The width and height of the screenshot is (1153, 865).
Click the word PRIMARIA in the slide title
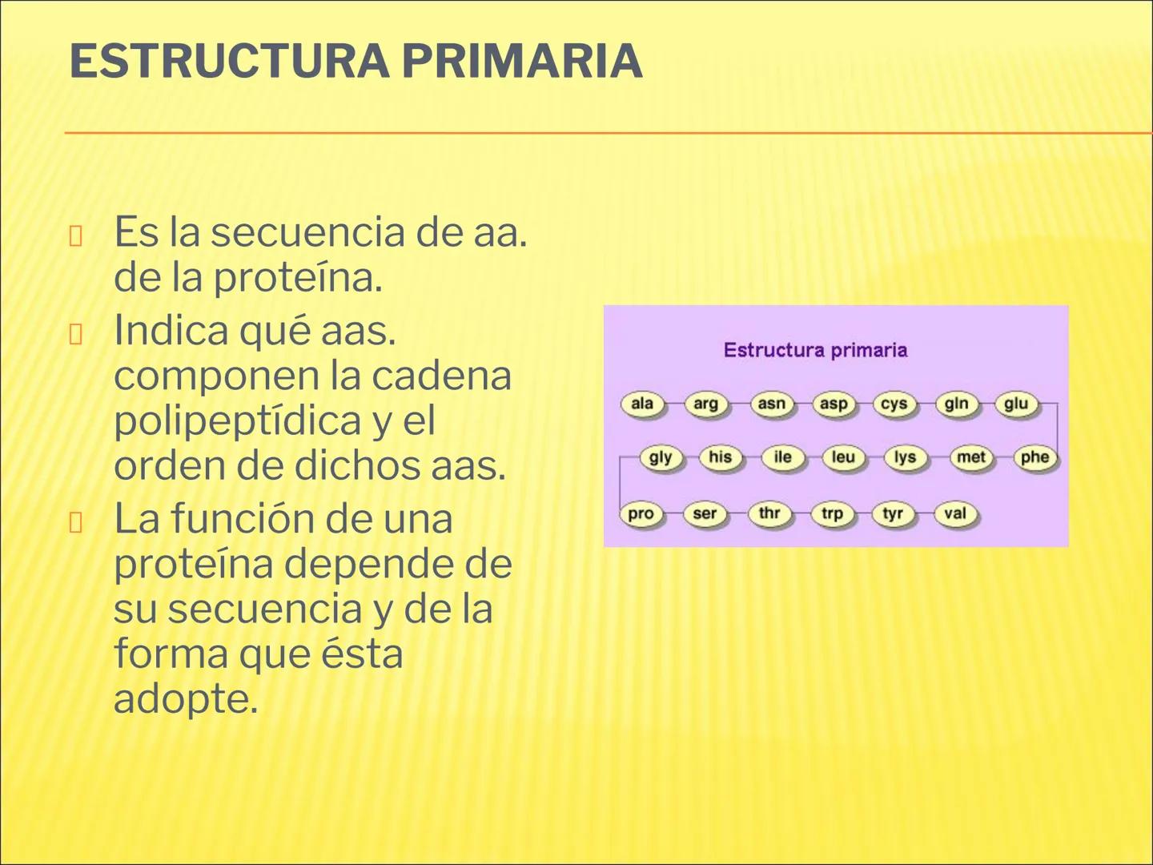click(521, 62)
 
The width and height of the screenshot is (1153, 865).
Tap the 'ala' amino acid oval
click(642, 404)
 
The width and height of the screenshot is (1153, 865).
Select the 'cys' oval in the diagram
click(894, 404)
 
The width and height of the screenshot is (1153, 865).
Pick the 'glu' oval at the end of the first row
click(1016, 404)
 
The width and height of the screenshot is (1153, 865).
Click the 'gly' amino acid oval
click(661, 457)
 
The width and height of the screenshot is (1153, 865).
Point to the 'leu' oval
click(843, 457)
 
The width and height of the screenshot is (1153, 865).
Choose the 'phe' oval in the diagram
click(1034, 457)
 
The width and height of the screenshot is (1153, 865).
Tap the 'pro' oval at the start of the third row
click(641, 513)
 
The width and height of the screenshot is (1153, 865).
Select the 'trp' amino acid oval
click(832, 513)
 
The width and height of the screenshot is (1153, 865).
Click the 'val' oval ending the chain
click(955, 513)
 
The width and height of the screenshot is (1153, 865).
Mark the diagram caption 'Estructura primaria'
click(815, 350)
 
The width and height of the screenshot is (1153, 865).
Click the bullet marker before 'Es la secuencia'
click(76, 236)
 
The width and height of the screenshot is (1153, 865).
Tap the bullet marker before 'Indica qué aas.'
click(76, 334)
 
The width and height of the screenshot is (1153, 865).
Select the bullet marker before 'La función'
click(76, 523)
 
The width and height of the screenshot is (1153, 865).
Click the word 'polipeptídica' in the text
click(237, 420)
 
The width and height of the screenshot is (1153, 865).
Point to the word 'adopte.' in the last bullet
click(186, 699)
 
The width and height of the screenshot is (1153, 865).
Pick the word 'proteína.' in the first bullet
click(298, 278)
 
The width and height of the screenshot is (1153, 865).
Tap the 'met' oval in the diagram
click(971, 457)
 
